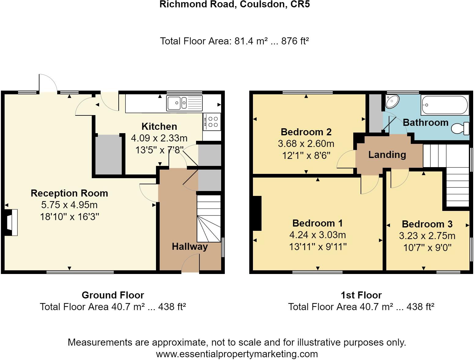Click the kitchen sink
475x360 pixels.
point(184,103)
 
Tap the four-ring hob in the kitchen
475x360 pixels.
point(211,122)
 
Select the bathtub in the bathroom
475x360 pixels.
point(444,105)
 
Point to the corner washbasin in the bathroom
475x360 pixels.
point(392,101)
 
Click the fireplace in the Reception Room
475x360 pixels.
point(11,222)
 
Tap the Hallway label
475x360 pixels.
point(190,246)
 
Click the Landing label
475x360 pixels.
point(387,155)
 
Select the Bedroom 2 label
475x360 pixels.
point(306,132)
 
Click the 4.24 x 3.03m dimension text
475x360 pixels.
point(317,235)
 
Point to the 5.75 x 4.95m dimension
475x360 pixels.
point(69,205)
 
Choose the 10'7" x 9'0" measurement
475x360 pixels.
point(427,247)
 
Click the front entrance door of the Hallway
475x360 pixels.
point(190,265)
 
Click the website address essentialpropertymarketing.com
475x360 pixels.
point(237,354)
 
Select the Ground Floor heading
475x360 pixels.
point(113,295)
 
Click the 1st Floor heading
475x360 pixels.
point(361,295)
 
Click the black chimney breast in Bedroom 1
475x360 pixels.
point(257,213)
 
